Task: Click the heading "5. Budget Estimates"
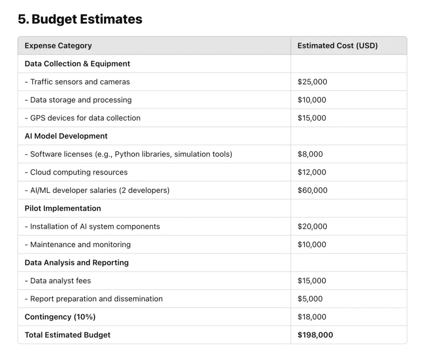tap(80, 19)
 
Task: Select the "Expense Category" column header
tap(58, 46)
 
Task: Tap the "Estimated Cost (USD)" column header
tap(337, 46)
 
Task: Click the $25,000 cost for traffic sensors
tap(312, 82)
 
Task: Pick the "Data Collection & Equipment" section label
tap(77, 64)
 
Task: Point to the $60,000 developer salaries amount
tap(312, 190)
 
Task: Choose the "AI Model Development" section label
tap(66, 136)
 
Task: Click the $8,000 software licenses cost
tap(310, 154)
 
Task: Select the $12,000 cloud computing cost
tap(312, 173)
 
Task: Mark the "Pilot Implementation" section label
tap(63, 209)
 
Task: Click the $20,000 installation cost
tap(312, 227)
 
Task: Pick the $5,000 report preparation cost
tap(310, 299)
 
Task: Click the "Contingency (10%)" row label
tap(60, 317)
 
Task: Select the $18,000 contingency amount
tap(312, 317)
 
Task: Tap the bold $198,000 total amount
tap(315, 335)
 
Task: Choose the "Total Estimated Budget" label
tap(67, 335)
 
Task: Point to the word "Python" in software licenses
tap(127, 154)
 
